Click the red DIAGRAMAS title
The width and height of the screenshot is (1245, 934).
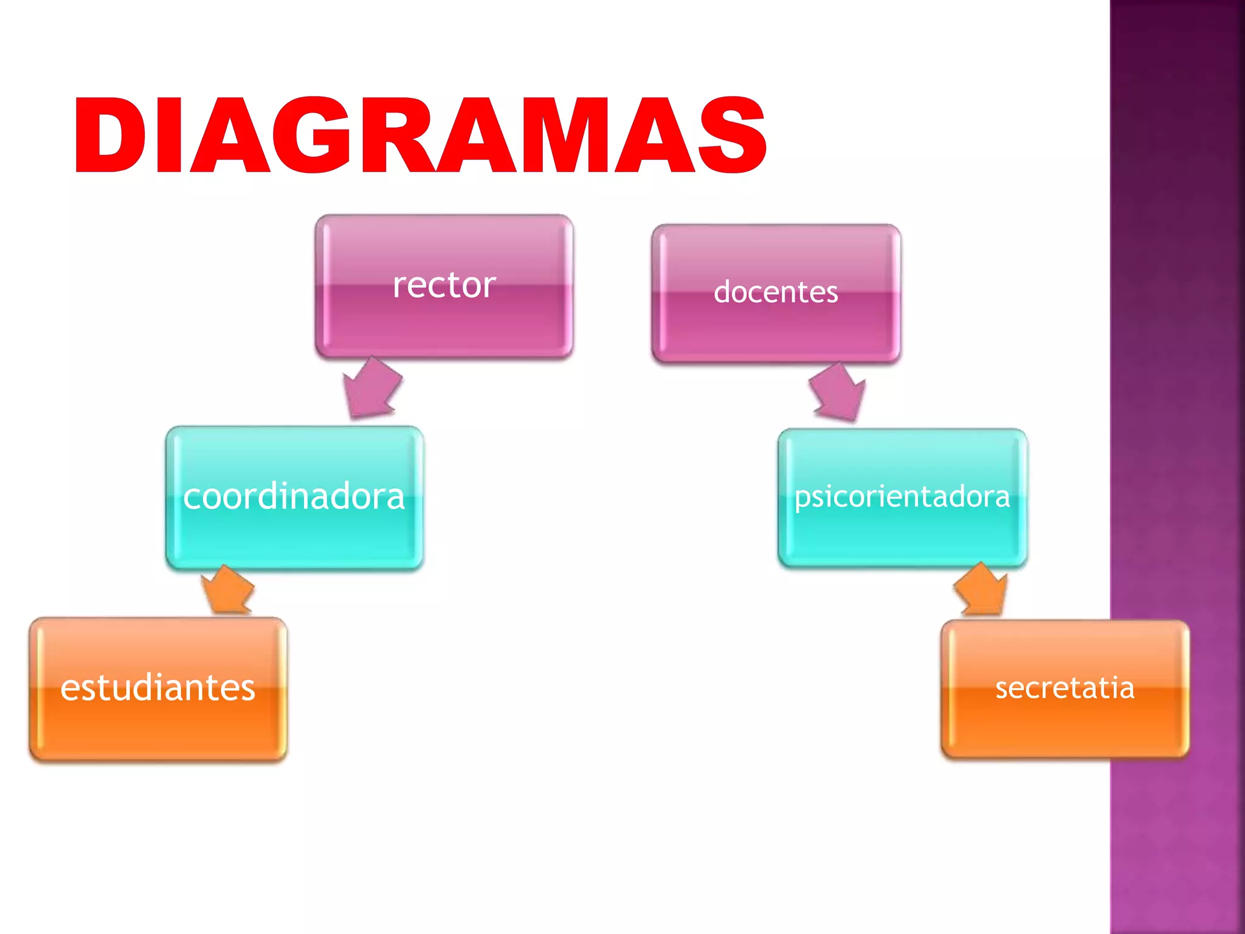point(419,135)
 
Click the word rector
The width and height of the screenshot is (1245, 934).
point(444,285)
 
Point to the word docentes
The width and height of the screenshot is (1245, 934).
point(776,292)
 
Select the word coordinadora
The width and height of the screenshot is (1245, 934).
point(294,497)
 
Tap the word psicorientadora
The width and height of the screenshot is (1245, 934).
point(902,497)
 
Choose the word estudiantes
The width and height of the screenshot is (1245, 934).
point(158,688)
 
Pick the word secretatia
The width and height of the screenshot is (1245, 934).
point(1065,688)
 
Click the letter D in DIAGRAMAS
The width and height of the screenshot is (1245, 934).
point(109,135)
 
